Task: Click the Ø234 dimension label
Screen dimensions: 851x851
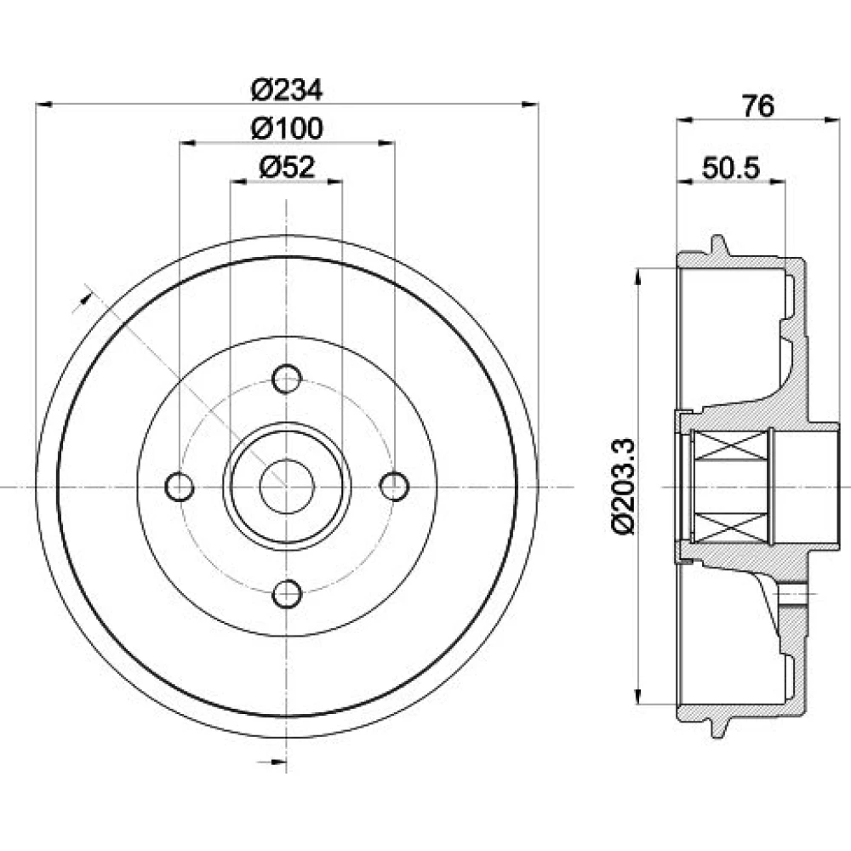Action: (287, 89)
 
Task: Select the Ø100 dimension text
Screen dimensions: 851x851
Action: (287, 129)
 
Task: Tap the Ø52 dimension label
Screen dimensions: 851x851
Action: (287, 167)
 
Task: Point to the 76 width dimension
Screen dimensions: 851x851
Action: (758, 106)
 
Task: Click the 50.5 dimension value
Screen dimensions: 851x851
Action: (731, 168)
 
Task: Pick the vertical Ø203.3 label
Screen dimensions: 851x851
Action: (623, 486)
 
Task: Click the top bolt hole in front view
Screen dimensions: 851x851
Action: (287, 379)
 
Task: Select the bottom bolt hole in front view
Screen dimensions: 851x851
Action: (287, 594)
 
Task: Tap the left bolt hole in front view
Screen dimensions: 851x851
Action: (179, 487)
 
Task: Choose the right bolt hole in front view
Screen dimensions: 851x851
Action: (395, 487)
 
